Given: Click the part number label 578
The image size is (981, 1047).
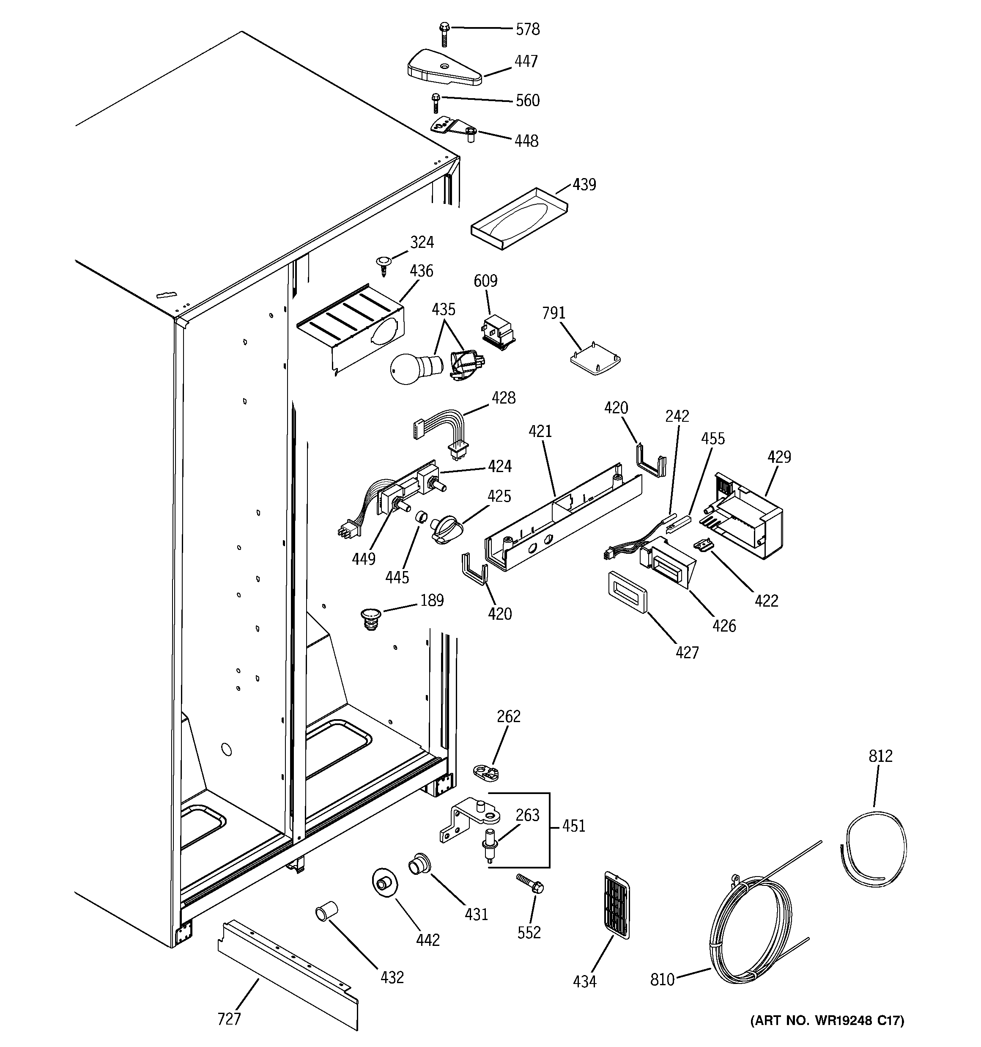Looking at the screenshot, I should tap(527, 30).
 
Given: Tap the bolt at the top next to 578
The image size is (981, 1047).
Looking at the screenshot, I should tap(444, 34).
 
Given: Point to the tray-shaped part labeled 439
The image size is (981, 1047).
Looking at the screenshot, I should tap(519, 219).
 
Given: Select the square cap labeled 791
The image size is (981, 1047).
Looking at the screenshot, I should tap(595, 361).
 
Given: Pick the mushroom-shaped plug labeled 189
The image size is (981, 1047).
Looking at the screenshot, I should tap(371, 618).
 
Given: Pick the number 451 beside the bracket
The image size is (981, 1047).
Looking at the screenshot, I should tap(573, 826).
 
